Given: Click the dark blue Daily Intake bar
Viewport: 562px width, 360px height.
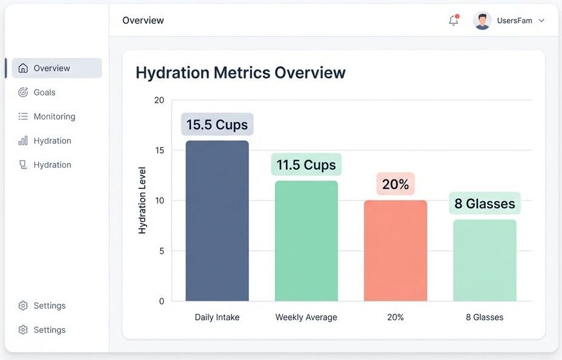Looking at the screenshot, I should tap(217, 221).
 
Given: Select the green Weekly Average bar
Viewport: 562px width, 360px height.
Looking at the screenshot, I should tap(306, 241).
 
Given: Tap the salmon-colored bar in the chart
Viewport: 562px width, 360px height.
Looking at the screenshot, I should tap(395, 251).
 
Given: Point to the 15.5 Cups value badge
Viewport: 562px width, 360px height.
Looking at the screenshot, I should tap(217, 124).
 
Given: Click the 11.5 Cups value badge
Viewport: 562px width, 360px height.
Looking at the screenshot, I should tap(306, 165).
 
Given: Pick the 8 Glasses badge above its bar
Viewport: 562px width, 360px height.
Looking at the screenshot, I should tap(485, 204).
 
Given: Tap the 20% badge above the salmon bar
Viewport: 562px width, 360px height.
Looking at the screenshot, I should tap(396, 184).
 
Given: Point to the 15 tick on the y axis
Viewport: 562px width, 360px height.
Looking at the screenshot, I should tap(159, 150).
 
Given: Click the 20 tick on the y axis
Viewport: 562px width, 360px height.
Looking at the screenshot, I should tap(159, 100).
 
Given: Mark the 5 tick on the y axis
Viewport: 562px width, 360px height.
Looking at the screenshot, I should tap(161, 251).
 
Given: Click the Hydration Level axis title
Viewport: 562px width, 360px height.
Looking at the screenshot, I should tap(143, 201).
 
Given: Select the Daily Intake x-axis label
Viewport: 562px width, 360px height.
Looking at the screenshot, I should tap(217, 317).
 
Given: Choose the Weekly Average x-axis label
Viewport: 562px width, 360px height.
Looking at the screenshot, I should tap(306, 317).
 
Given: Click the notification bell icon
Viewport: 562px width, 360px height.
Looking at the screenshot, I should tap(453, 21).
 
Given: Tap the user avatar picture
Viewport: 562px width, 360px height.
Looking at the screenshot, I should tap(482, 21).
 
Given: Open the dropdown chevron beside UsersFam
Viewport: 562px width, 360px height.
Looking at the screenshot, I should tap(541, 21).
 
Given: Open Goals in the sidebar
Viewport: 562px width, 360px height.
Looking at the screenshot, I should tap(44, 92).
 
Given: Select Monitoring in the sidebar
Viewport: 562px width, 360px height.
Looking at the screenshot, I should tap(54, 117).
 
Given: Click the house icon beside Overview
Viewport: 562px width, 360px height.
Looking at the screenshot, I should tap(23, 68).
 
